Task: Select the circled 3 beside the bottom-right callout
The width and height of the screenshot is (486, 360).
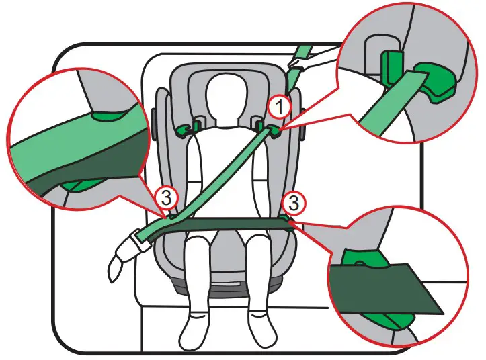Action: pyautogui.click(x=292, y=201)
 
